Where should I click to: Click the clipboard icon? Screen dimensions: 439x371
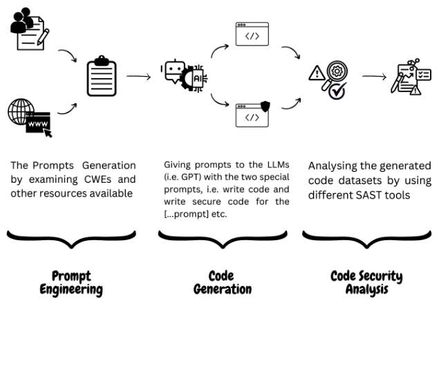[102, 76]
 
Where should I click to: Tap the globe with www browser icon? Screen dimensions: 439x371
[30, 118]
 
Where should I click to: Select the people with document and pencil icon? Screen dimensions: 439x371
[30, 29]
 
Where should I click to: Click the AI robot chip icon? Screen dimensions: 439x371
[184, 75]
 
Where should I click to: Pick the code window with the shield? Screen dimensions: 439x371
[252, 114]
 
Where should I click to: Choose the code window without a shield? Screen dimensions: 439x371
[252, 34]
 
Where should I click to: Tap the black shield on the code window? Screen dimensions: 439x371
[265, 106]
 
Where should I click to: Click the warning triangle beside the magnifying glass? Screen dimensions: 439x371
[317, 73]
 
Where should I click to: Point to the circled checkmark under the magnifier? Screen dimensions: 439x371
[337, 91]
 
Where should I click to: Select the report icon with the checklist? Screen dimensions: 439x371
[411, 77]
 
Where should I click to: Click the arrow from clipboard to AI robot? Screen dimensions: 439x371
[138, 76]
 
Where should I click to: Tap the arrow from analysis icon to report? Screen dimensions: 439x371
[374, 76]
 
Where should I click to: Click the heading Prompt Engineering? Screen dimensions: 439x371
[71, 283]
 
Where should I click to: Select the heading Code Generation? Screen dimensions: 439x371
[223, 282]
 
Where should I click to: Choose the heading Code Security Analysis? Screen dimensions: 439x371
[367, 283]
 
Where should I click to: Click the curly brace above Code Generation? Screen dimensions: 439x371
[223, 239]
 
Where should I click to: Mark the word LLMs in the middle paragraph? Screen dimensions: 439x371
[279, 165]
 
